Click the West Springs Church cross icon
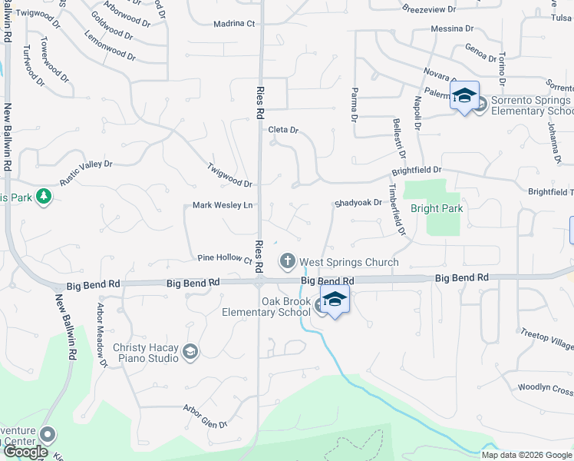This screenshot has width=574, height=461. pyautogui.click(x=288, y=262)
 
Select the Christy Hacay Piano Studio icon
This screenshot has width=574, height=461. pyautogui.click(x=190, y=353)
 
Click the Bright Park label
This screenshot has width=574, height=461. pyautogui.click(x=437, y=208)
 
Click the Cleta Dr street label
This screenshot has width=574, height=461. pyautogui.click(x=282, y=130)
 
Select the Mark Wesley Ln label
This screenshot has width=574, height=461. pyautogui.click(x=223, y=205)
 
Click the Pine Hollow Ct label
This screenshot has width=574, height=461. pyautogui.click(x=225, y=259)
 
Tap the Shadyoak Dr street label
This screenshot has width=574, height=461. pyautogui.click(x=358, y=204)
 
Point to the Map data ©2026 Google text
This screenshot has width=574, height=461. pyautogui.click(x=526, y=455)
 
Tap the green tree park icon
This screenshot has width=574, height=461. pyautogui.click(x=45, y=197)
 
